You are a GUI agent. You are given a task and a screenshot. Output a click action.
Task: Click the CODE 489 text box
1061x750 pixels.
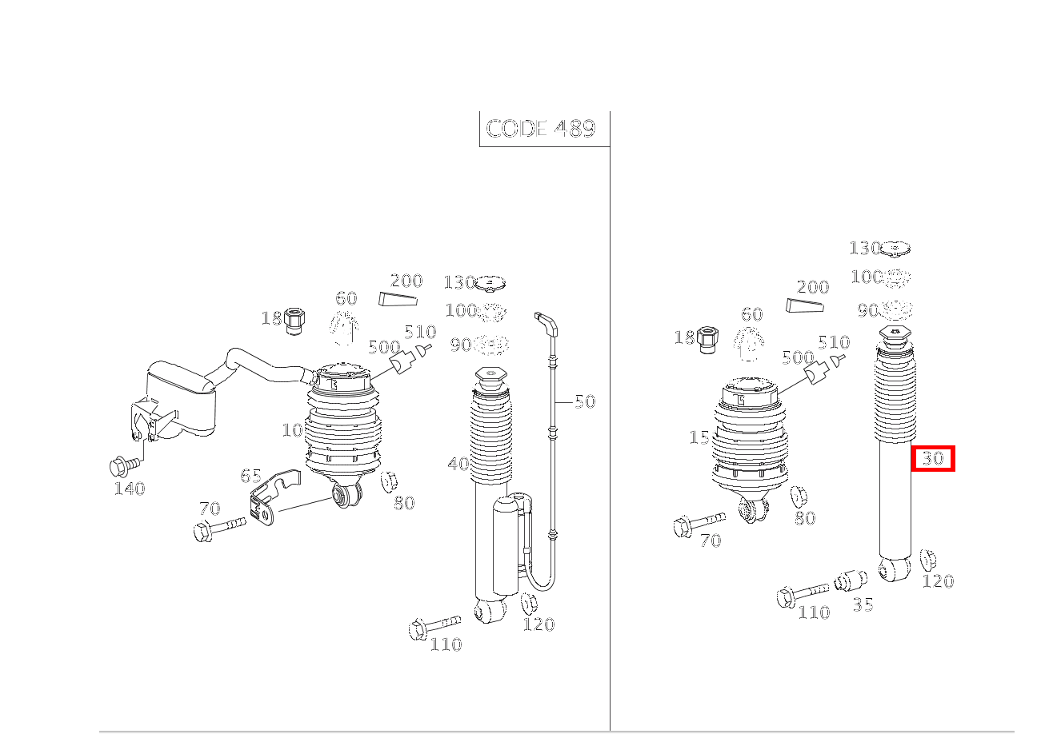542,129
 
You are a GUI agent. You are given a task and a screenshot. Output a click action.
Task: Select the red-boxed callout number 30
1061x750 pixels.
933,459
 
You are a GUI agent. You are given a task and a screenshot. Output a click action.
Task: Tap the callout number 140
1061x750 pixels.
129,489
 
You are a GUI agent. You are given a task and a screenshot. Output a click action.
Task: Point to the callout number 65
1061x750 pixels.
250,476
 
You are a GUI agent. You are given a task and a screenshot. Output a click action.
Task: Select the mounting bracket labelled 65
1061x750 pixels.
269,499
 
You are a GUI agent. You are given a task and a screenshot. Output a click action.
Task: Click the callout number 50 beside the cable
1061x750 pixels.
585,401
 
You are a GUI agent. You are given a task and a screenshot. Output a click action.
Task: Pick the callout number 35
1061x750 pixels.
863,605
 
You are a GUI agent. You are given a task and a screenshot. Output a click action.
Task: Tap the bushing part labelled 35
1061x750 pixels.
851,580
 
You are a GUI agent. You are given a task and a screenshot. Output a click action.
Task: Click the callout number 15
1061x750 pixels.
699,438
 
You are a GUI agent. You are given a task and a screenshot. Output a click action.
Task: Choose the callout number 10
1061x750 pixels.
292,430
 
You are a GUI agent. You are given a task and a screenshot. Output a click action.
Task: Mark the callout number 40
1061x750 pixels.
458,464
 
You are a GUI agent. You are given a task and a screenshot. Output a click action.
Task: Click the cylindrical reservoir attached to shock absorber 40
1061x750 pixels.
507,544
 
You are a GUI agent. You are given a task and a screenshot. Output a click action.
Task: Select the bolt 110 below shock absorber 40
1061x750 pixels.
433,626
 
